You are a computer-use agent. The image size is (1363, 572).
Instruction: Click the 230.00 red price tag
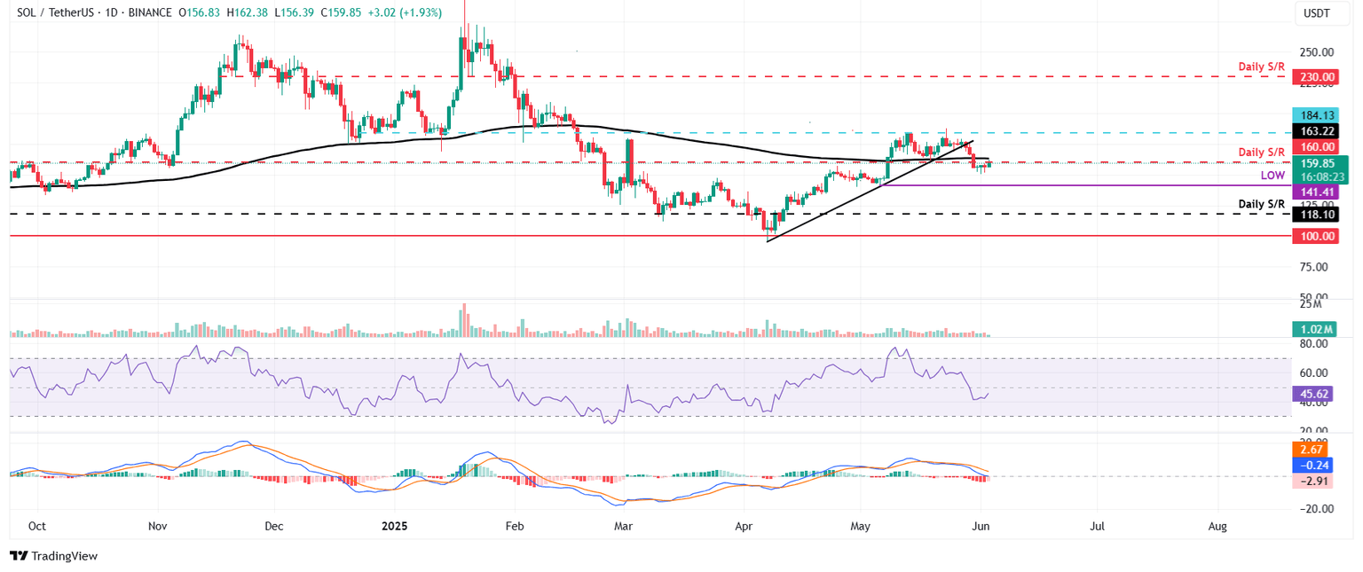pos(1318,77)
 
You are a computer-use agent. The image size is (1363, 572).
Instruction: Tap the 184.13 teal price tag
pos(1318,114)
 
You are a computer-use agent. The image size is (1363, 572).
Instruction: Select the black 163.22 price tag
pos(1318,130)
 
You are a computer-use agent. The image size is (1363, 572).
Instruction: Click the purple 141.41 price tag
pos(1318,191)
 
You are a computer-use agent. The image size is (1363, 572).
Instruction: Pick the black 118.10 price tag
pos(1318,214)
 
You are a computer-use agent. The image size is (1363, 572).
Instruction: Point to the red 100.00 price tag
pos(1318,236)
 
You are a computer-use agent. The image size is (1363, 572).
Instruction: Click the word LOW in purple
pos(1272,176)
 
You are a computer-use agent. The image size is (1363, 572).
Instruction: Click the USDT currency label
pos(1317,13)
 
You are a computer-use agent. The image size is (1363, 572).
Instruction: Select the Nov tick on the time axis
pos(157,526)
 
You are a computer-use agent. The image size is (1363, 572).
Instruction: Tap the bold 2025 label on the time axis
pos(394,526)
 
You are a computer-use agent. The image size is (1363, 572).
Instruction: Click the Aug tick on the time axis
pos(1217,526)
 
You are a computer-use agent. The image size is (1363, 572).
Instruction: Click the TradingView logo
pos(53,556)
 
